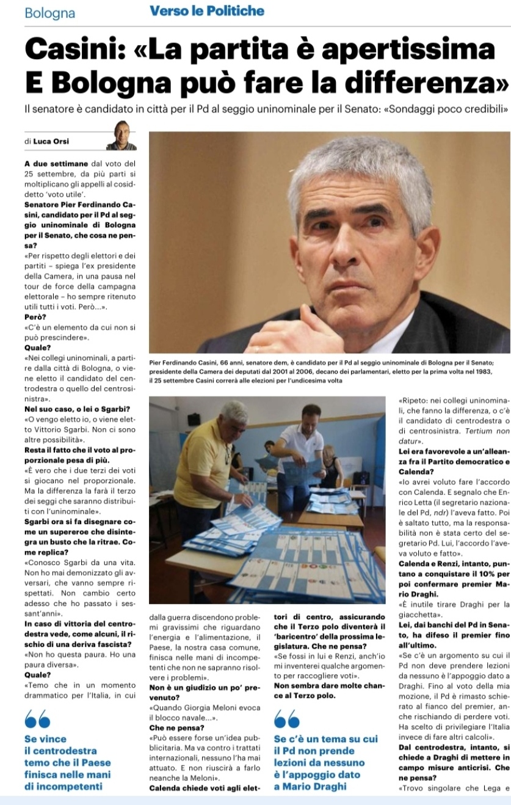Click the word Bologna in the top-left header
(50, 13)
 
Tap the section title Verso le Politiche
(207, 11)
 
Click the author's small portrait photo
(121, 136)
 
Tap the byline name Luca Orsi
(51, 142)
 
